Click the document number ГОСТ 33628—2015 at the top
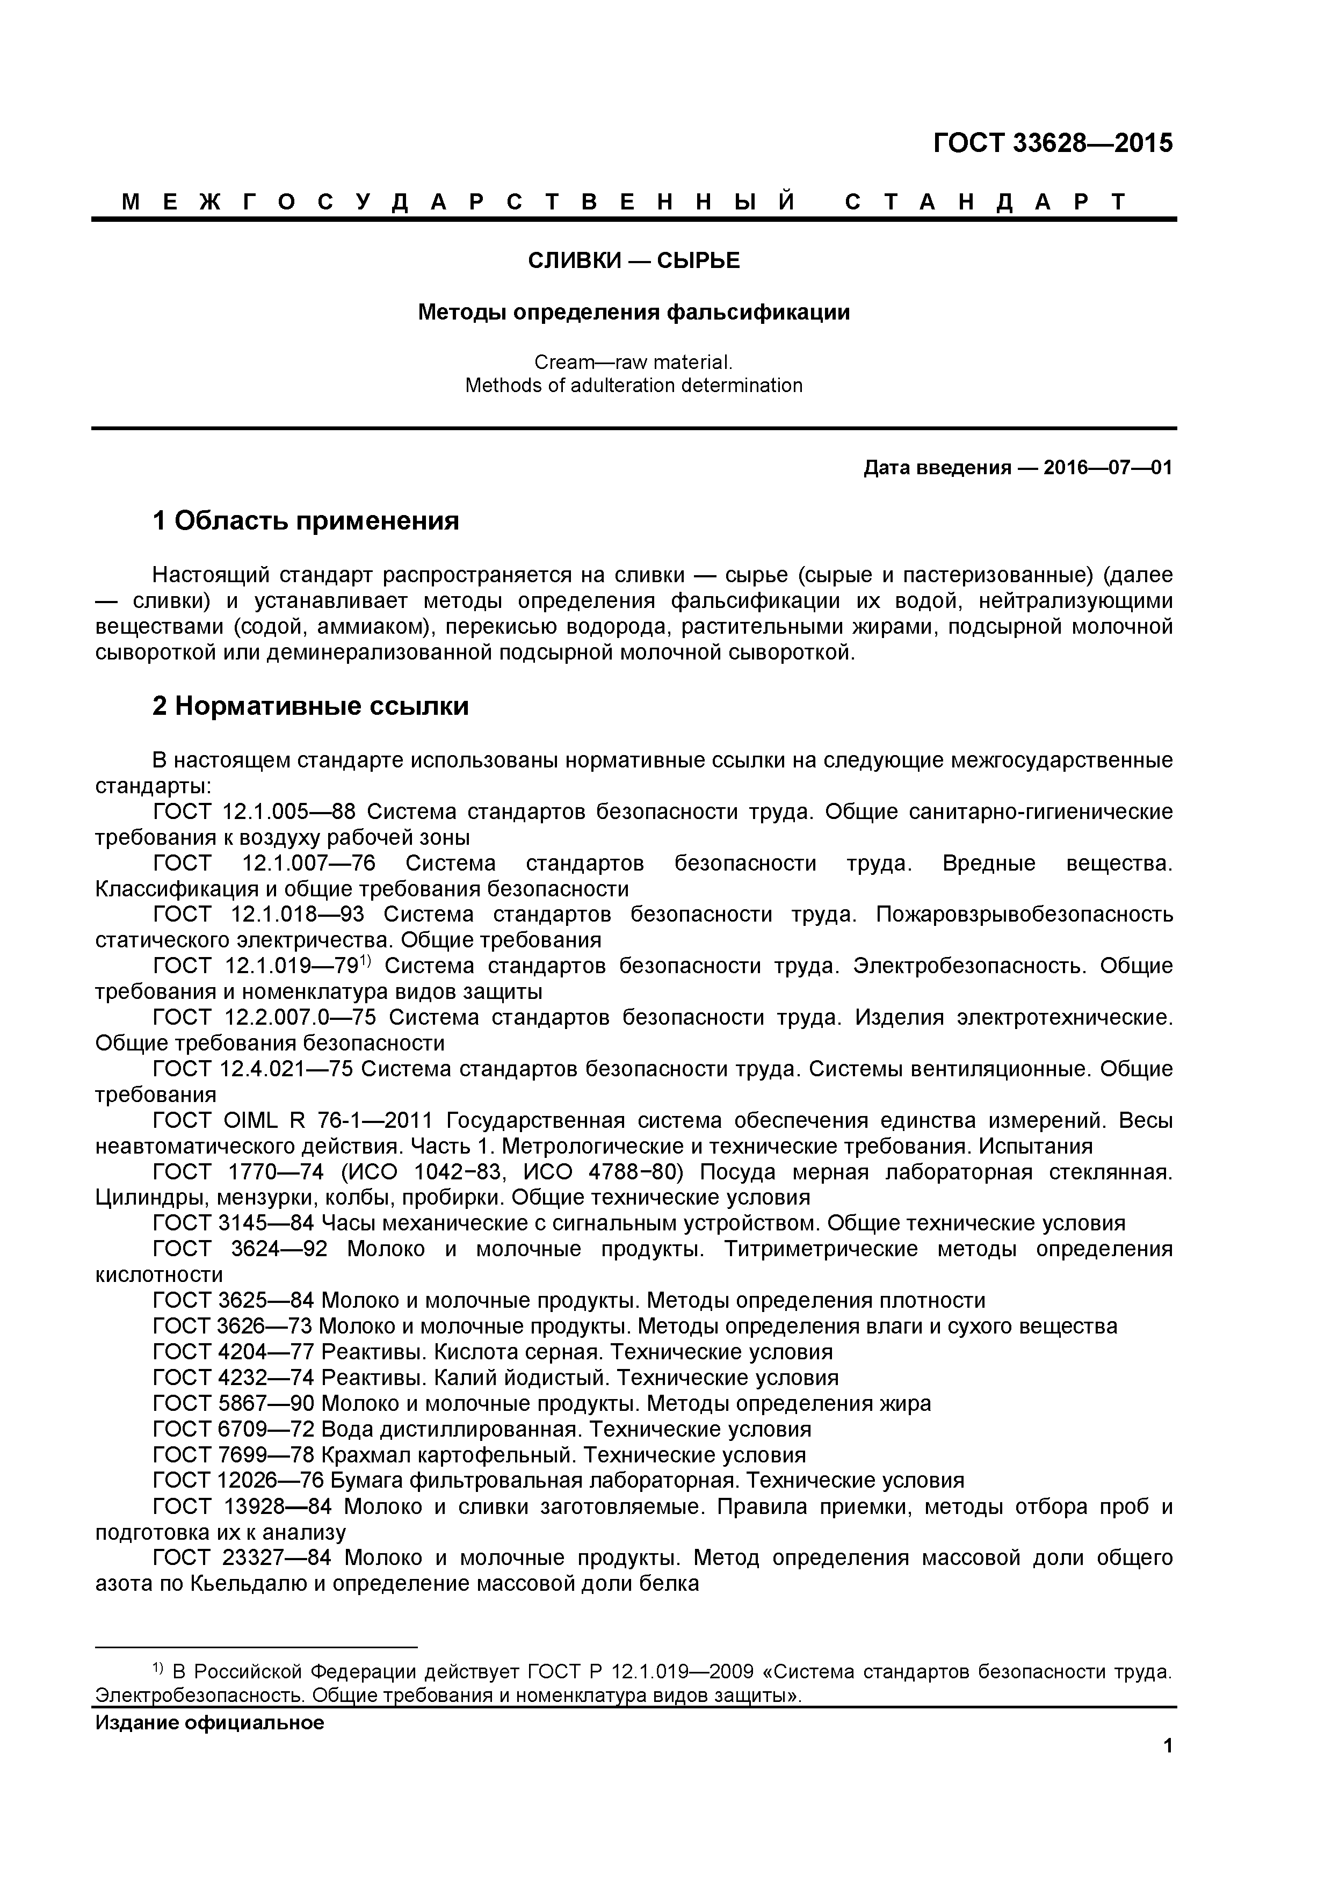(x=1053, y=143)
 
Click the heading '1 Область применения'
(x=305, y=520)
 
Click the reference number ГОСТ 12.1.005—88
(x=255, y=811)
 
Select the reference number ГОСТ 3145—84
(x=234, y=1223)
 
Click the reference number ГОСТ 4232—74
(x=234, y=1378)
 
